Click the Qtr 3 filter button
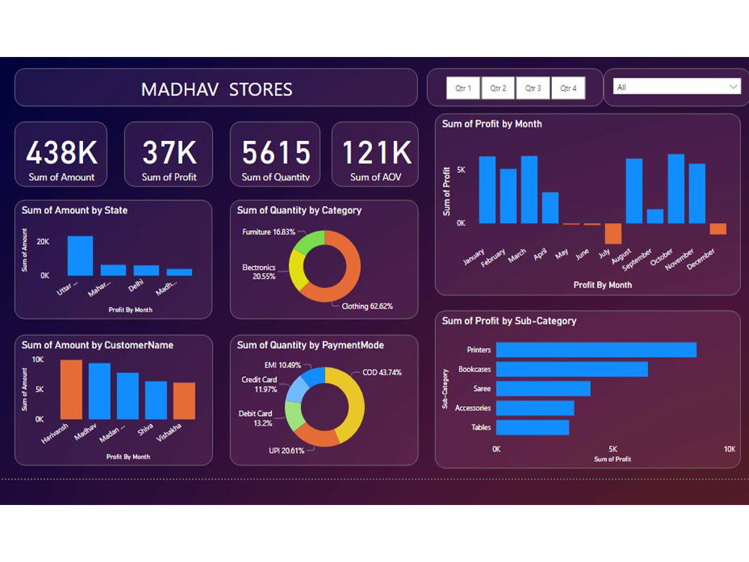click(x=533, y=88)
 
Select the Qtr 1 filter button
click(x=464, y=88)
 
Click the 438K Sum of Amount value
click(x=61, y=153)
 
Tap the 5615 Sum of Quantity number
click(x=276, y=153)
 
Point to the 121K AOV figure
click(x=377, y=153)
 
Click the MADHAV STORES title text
click(x=216, y=90)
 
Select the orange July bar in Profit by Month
click(x=613, y=234)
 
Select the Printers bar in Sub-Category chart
click(x=596, y=350)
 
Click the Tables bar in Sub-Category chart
click(x=533, y=427)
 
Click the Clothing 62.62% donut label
click(x=367, y=306)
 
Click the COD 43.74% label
click(x=381, y=372)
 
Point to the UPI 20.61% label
click(x=287, y=451)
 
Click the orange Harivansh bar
click(x=71, y=389)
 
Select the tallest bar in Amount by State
click(x=80, y=256)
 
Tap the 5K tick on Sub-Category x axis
click(x=613, y=449)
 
